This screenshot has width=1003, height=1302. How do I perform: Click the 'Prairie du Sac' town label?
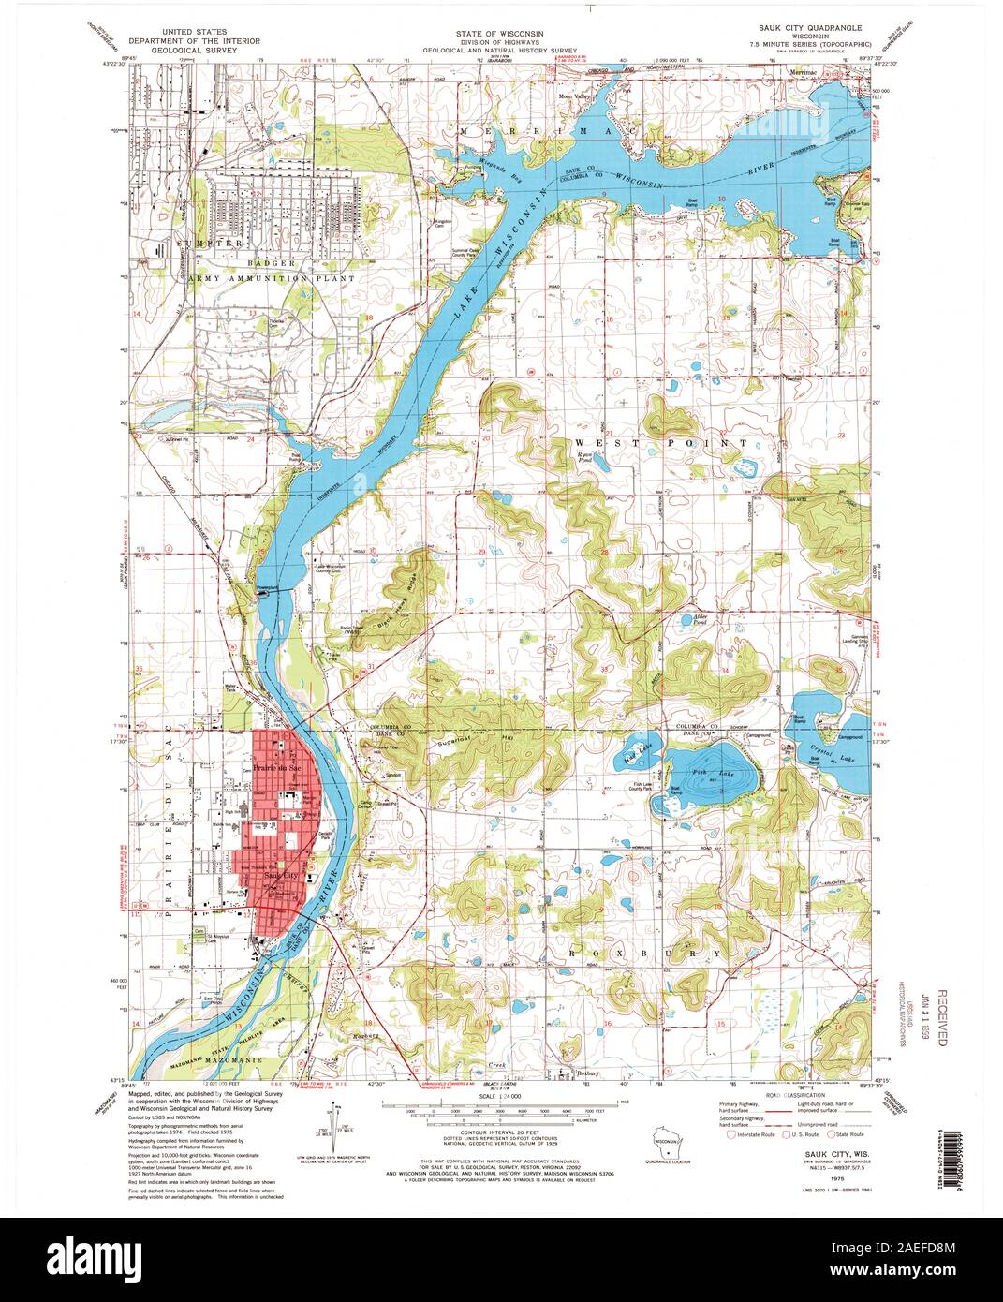275,767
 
